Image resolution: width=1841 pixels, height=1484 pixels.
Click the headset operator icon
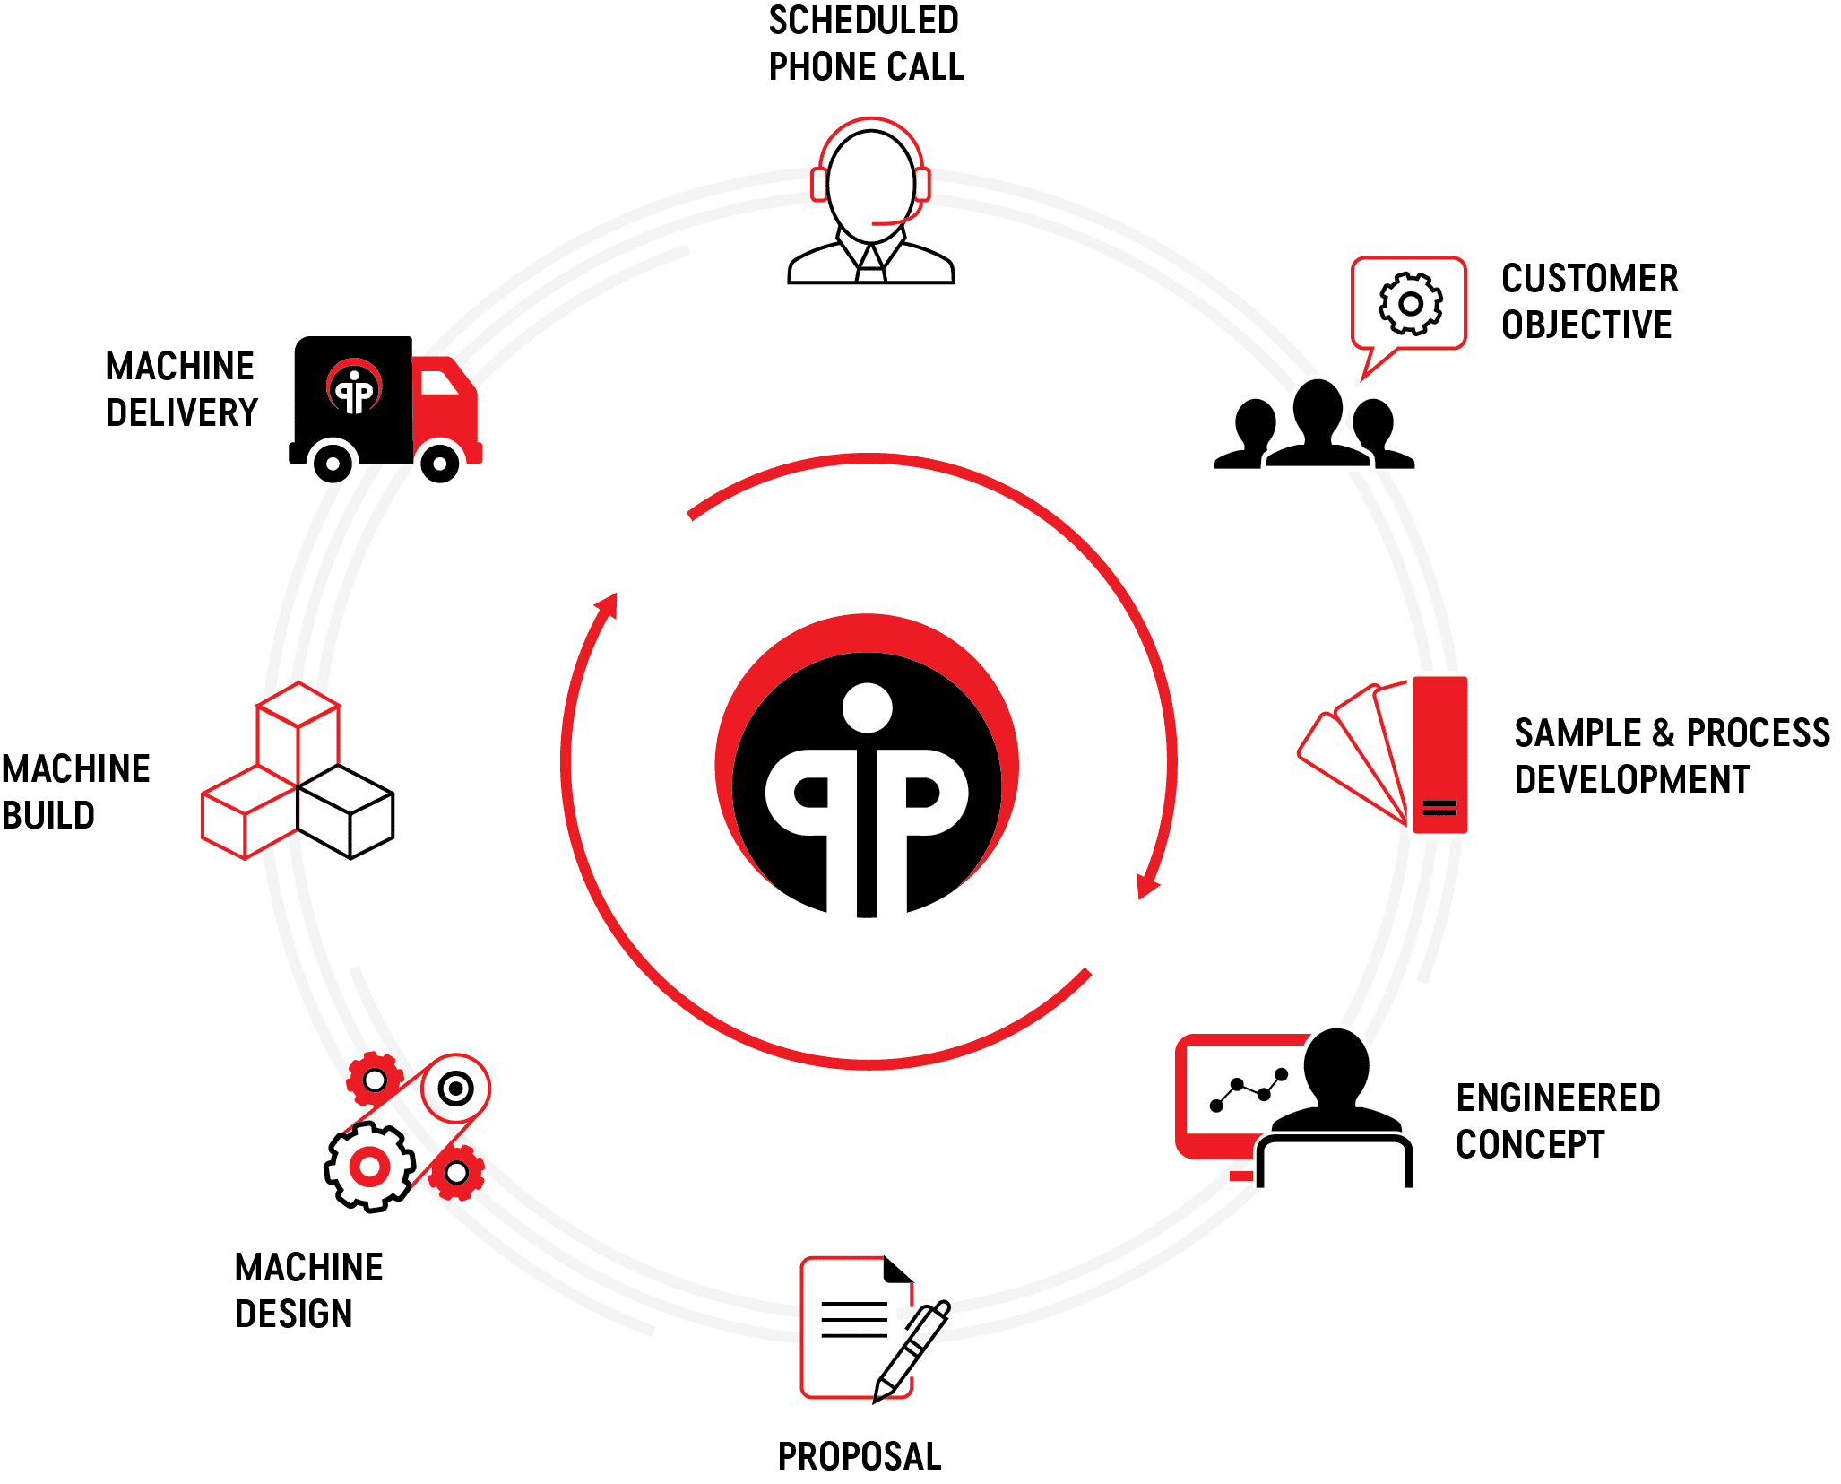click(x=870, y=202)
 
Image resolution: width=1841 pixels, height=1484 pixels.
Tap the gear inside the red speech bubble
click(x=1410, y=303)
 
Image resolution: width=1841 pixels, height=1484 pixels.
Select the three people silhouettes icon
click(x=1314, y=427)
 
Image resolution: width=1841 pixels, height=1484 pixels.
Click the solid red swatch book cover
click(x=1439, y=753)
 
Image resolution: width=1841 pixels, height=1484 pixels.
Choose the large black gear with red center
click(x=369, y=1167)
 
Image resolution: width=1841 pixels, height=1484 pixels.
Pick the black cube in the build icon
click(x=346, y=811)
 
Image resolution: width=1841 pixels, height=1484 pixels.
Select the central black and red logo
click(x=867, y=765)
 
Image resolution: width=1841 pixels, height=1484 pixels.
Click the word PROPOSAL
click(x=860, y=1456)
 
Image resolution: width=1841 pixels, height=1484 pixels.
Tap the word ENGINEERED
click(x=1558, y=1098)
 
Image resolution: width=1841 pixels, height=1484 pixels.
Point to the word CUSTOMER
click(x=1589, y=278)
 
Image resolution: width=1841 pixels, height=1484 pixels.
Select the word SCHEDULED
click(x=864, y=20)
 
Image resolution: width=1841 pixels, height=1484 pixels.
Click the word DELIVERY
click(x=182, y=412)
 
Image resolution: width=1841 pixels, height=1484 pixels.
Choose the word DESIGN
click(x=293, y=1314)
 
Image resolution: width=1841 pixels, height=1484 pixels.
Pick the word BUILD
click(x=48, y=815)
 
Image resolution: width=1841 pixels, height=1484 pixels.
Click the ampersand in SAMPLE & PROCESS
click(x=1663, y=733)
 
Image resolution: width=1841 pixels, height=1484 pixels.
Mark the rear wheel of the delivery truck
click(x=333, y=464)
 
